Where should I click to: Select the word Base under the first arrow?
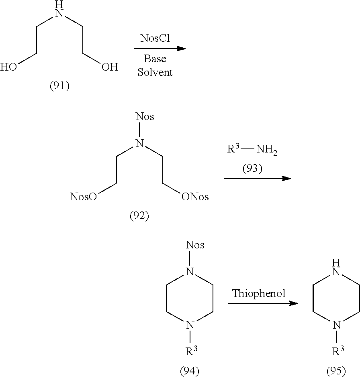click(155, 59)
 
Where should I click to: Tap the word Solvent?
click(155, 72)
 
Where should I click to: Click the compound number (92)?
click(139, 216)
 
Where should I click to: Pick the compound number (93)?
click(252, 169)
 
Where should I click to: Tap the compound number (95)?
click(336, 372)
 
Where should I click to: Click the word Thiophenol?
click(259, 293)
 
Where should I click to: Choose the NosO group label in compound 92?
click(83, 197)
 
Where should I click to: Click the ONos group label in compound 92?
click(195, 197)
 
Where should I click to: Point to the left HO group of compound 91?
click(9, 67)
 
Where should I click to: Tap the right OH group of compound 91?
click(110, 67)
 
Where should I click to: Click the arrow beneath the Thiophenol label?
click(263, 303)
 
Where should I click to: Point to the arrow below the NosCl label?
click(160, 49)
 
